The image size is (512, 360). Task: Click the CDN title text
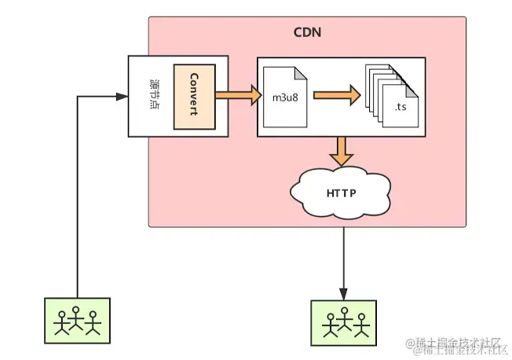tap(307, 33)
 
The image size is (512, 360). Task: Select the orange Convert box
tap(193, 97)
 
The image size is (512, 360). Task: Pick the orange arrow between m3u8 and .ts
tap(336, 97)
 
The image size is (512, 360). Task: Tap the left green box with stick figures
tap(77, 319)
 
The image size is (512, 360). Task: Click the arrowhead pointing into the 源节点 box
tap(123, 97)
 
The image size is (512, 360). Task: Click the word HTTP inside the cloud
tap(340, 191)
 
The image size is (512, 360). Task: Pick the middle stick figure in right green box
tap(343, 321)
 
